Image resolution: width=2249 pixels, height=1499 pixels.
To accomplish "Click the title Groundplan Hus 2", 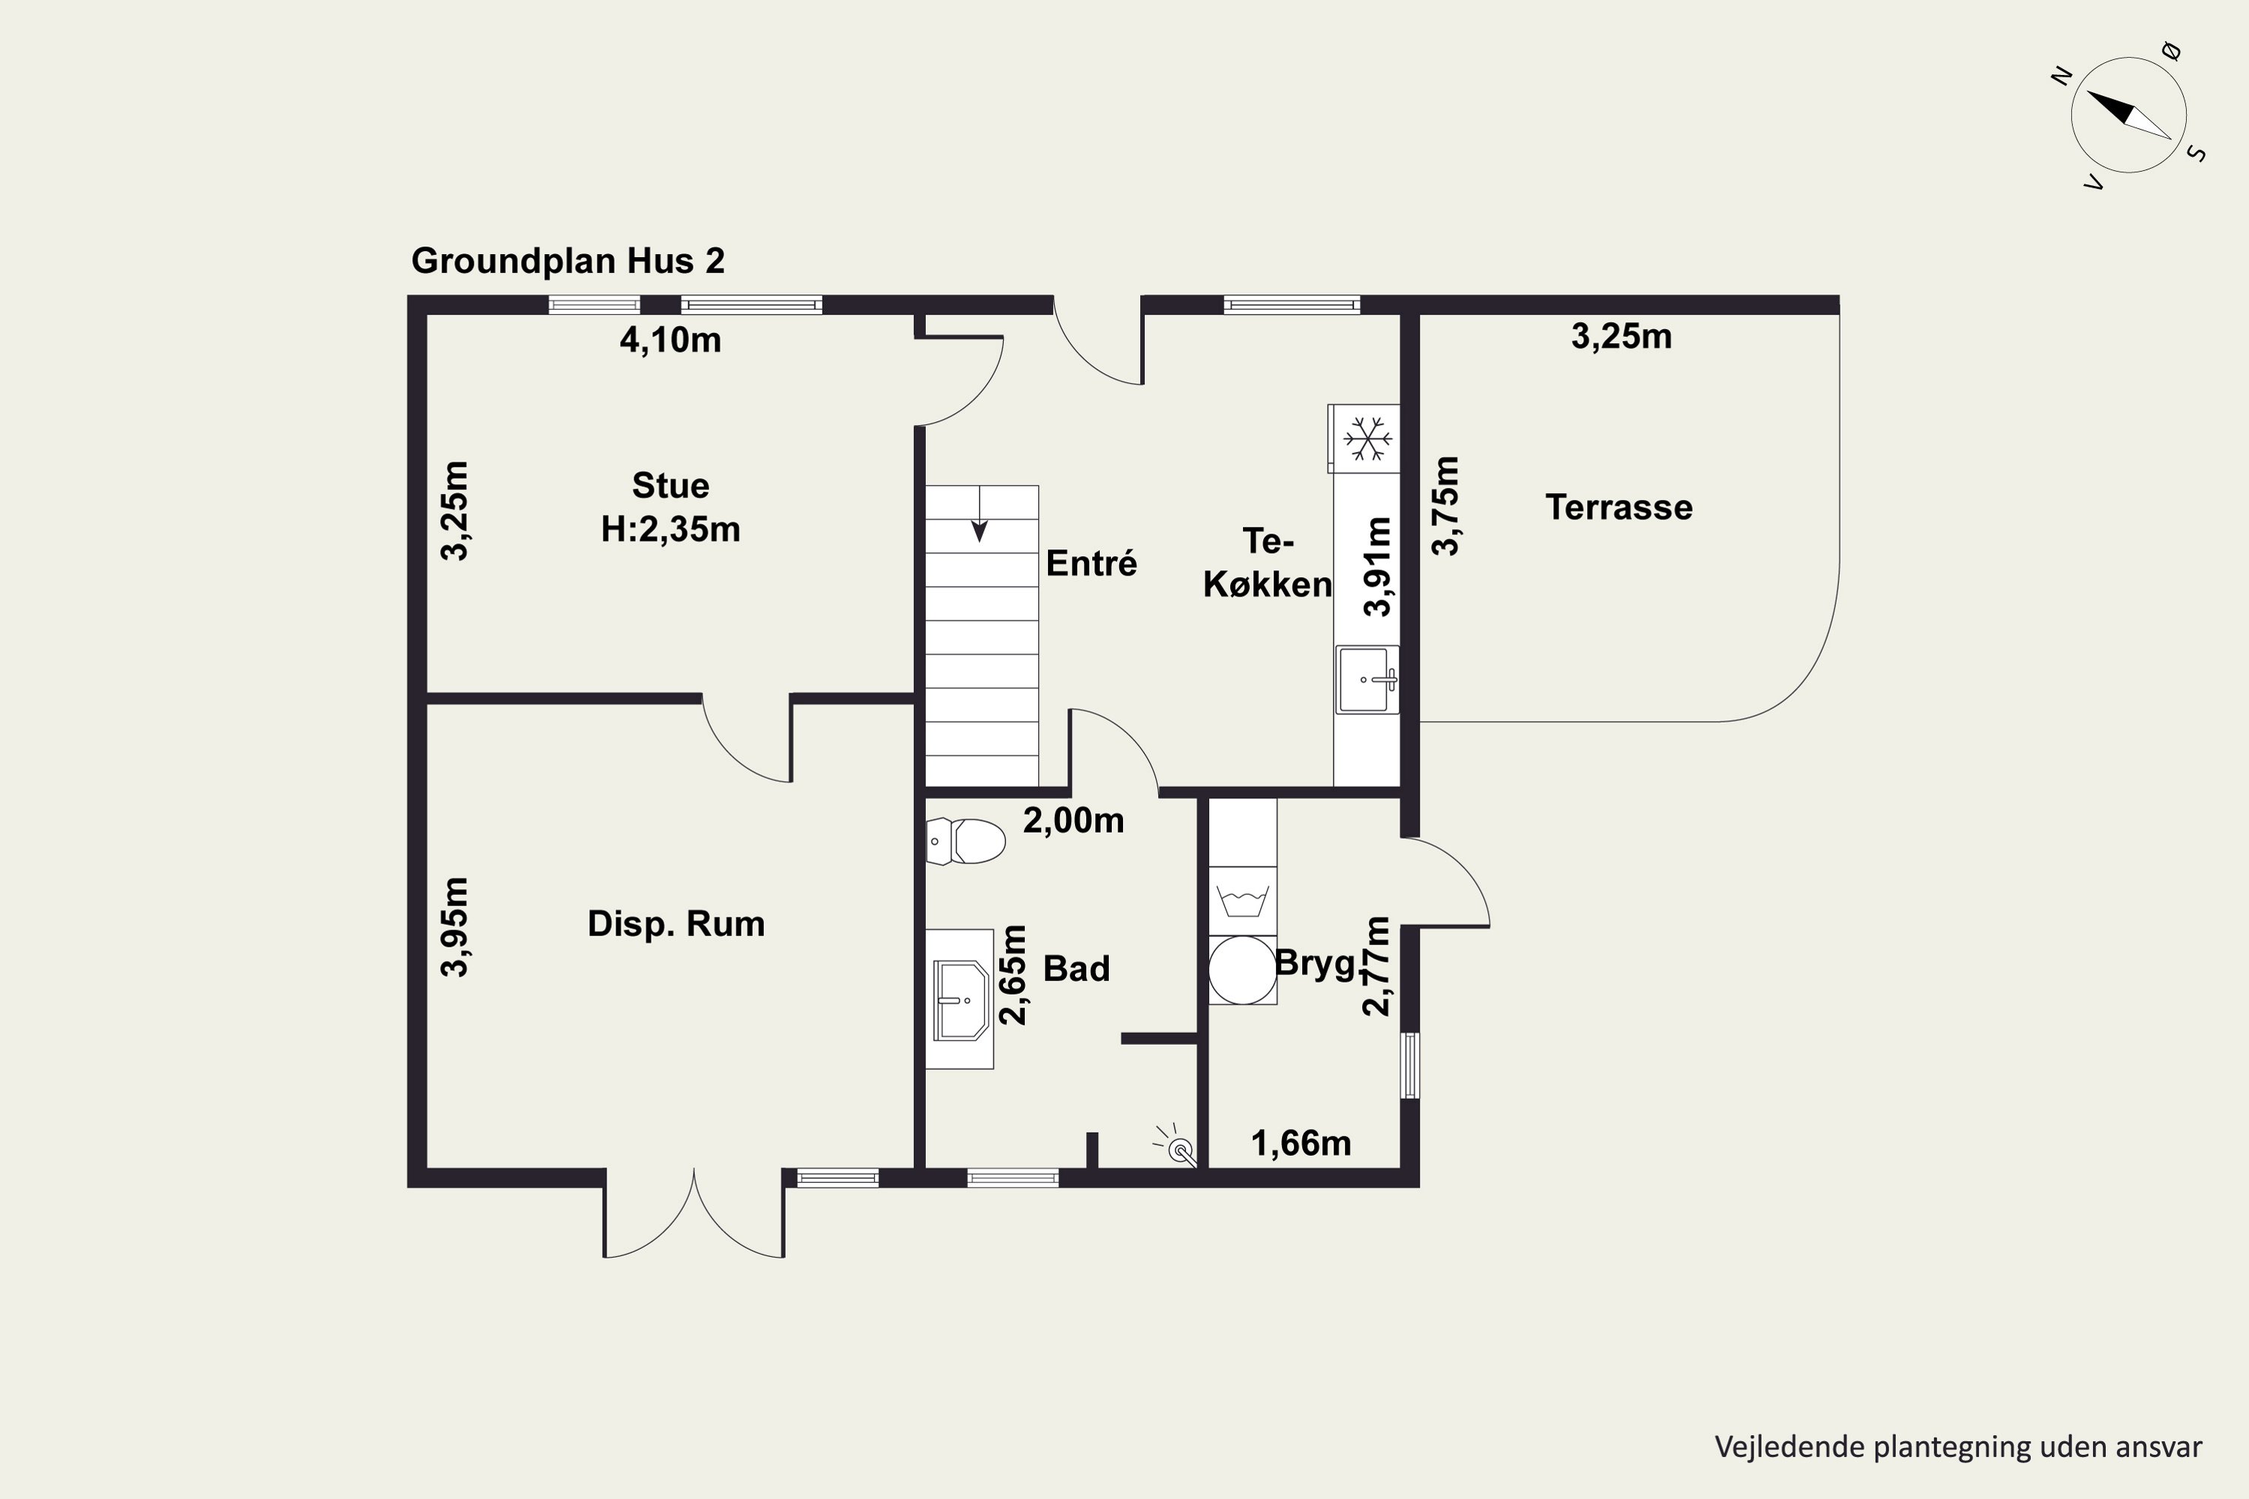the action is (568, 261).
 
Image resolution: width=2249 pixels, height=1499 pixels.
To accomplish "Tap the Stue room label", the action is (670, 486).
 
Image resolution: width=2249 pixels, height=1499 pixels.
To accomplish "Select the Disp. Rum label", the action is (676, 923).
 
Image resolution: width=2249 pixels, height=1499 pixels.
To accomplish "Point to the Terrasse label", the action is (1619, 507).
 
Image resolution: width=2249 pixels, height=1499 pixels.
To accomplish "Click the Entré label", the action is (1091, 563).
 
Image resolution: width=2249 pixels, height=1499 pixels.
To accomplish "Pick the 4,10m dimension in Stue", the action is (670, 340).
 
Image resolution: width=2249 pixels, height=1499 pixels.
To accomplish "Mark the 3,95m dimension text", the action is (455, 926).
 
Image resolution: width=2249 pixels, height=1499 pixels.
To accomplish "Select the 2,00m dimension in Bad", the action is (1073, 820).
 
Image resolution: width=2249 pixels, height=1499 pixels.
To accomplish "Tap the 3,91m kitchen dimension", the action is (1378, 567).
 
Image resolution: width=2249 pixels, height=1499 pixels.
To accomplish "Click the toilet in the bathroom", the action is (966, 841).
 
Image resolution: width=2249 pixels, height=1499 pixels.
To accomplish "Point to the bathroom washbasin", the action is (961, 1000).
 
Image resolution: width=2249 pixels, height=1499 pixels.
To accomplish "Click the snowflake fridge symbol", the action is (1367, 438).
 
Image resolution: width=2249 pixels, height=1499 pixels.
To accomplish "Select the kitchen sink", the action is (1367, 680).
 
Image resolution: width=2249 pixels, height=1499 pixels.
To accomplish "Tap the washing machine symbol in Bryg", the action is (1242, 901).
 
